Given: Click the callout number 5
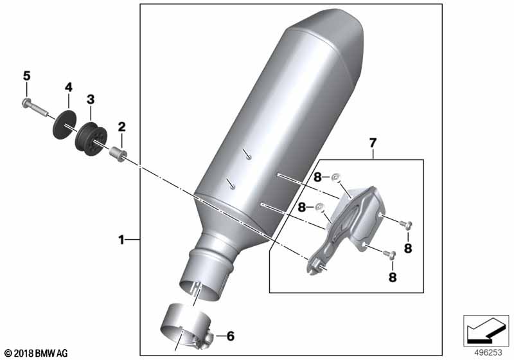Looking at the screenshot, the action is pyautogui.click(x=26, y=76).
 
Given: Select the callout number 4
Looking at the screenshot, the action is pyautogui.click(x=68, y=87).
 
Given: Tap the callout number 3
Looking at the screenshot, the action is pyautogui.click(x=91, y=99).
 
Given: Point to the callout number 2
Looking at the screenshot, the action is pyautogui.click(x=121, y=127).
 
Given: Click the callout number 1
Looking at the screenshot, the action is pyautogui.click(x=121, y=240).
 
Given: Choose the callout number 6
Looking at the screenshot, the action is pyautogui.click(x=231, y=336).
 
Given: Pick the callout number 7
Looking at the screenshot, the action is pyautogui.click(x=373, y=143).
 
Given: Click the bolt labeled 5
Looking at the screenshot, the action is pyautogui.click(x=34, y=107).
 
